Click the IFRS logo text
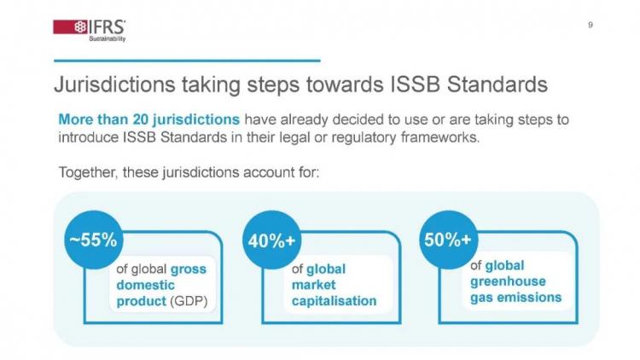(x=107, y=27)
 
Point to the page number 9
(x=591, y=25)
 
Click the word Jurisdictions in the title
(x=114, y=84)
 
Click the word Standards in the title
(x=497, y=84)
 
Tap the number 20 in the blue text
(x=141, y=119)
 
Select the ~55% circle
(x=94, y=240)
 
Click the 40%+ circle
(x=271, y=240)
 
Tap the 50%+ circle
(x=448, y=240)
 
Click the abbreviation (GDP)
(x=189, y=301)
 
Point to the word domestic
(x=145, y=285)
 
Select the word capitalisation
(x=334, y=301)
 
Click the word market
(x=313, y=285)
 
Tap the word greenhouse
(x=508, y=282)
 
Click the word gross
(x=189, y=270)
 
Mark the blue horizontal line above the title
(x=187, y=61)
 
